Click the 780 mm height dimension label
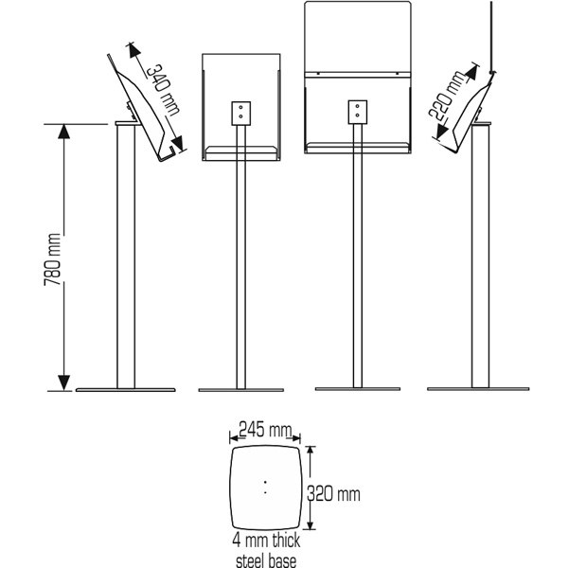click(52, 259)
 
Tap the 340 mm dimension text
click(163, 90)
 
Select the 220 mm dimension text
click(447, 96)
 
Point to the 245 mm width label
click(265, 430)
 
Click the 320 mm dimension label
click(333, 493)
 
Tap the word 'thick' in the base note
click(286, 541)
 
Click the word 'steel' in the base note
click(250, 560)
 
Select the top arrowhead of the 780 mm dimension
click(64, 132)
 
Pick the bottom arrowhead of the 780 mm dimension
click(64, 382)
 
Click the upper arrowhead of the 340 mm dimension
click(133, 51)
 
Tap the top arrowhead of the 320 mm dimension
click(311, 451)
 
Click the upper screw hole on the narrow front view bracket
click(240, 107)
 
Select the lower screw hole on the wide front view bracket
click(358, 115)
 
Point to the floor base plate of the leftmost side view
click(125, 390)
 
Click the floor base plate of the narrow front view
click(241, 390)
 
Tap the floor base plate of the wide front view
click(358, 389)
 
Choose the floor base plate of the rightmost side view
click(478, 389)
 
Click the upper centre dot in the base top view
click(265, 482)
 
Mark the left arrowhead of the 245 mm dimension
click(234, 438)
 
